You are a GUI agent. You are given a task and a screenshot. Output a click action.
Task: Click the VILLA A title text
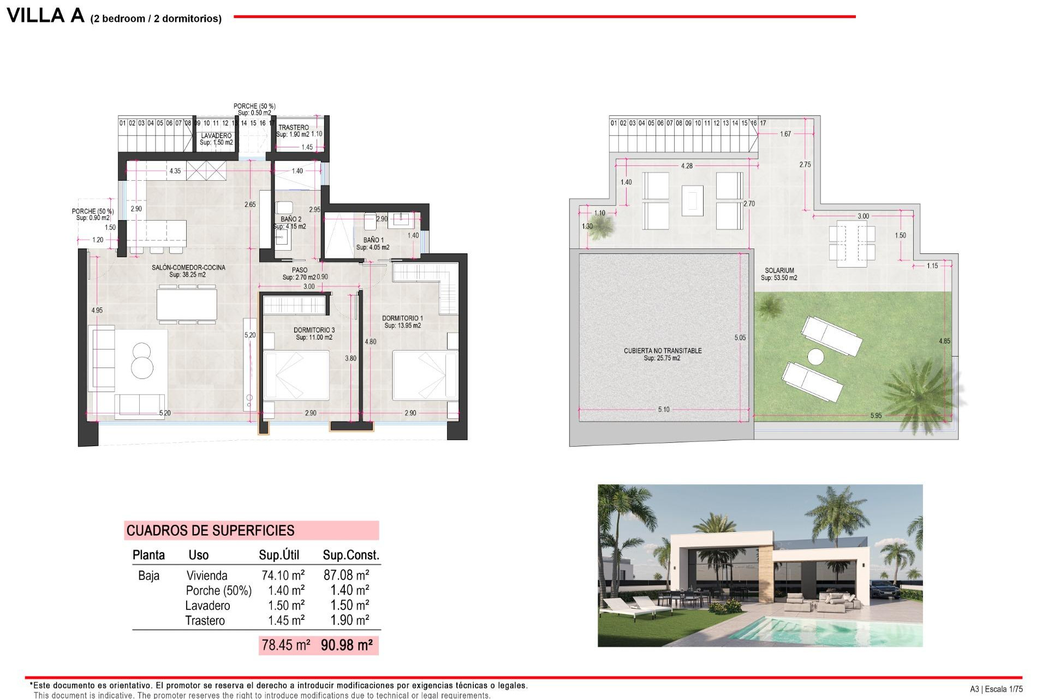pyautogui.click(x=45, y=15)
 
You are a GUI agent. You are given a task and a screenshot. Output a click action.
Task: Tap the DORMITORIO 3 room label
pyautogui.click(x=314, y=330)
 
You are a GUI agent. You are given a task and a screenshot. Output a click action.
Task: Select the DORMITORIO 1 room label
pyautogui.click(x=402, y=318)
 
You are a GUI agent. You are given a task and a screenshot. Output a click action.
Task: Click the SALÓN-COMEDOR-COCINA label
pyautogui.click(x=188, y=268)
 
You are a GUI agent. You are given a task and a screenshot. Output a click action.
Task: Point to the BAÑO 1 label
pyautogui.click(x=373, y=240)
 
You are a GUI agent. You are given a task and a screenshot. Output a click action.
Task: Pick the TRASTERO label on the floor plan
pyautogui.click(x=293, y=127)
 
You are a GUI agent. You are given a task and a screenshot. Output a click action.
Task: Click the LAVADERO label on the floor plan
pyautogui.click(x=216, y=135)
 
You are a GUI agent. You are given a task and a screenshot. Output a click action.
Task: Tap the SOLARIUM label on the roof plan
pyautogui.click(x=779, y=271)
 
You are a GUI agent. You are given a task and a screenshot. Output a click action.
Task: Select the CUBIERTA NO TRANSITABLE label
pyautogui.click(x=663, y=351)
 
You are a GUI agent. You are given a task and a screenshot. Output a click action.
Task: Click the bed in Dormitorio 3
pyautogui.click(x=296, y=376)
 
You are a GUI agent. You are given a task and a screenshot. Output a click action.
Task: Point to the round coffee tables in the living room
pyautogui.click(x=142, y=360)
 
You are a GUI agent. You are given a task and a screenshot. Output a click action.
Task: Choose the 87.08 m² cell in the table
pyautogui.click(x=346, y=575)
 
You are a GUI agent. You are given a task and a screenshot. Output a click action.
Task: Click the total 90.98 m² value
pyautogui.click(x=347, y=645)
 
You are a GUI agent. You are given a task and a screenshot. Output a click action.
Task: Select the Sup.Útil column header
pyautogui.click(x=279, y=555)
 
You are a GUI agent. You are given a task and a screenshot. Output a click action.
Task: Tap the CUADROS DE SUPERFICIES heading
pyautogui.click(x=210, y=530)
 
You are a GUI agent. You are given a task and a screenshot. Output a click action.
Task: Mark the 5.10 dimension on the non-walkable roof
pyautogui.click(x=663, y=409)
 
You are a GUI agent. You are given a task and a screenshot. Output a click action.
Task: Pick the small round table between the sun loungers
pyautogui.click(x=815, y=357)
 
